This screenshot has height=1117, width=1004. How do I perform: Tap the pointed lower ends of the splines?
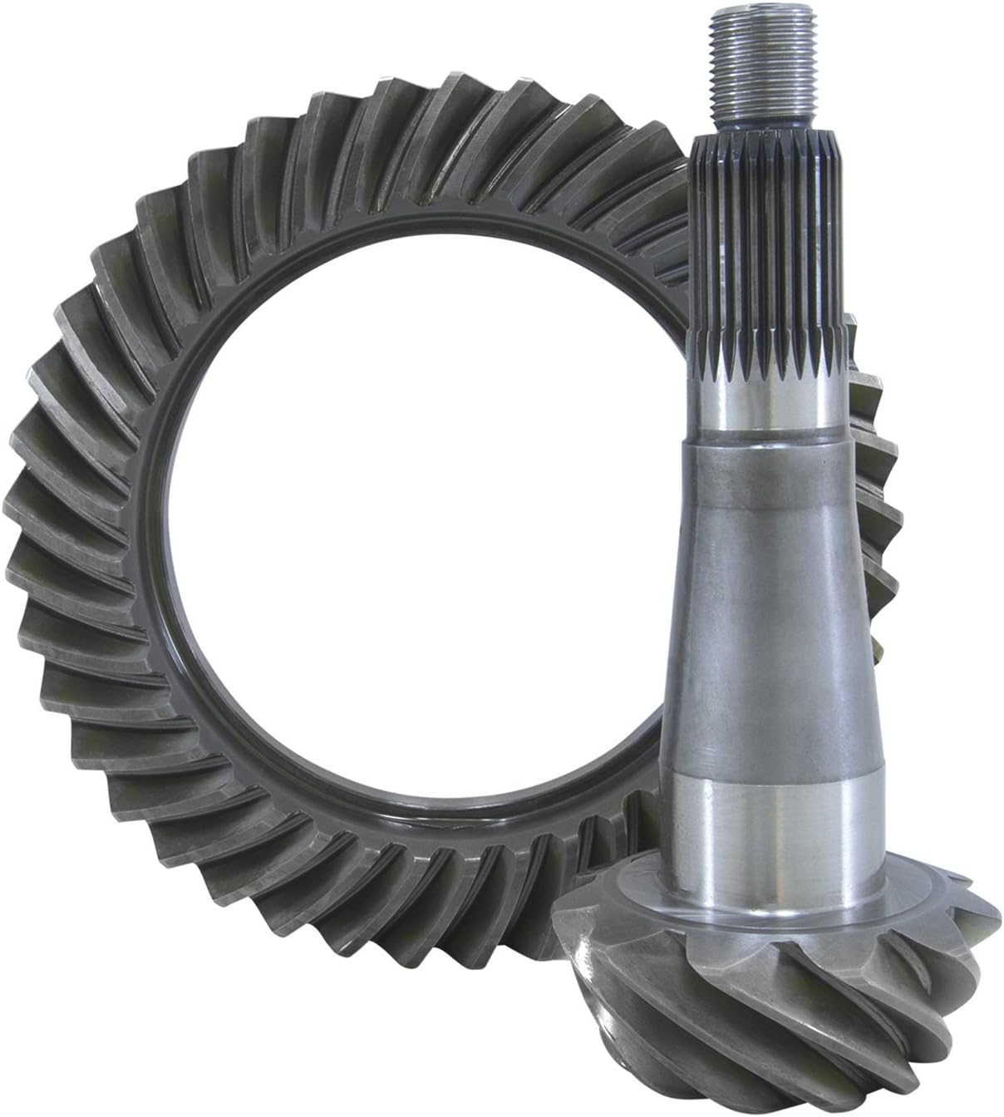pos(769,362)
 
